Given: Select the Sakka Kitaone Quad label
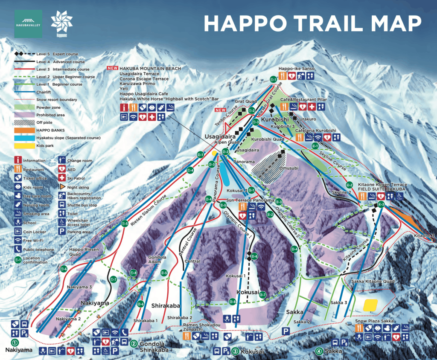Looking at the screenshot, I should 370,282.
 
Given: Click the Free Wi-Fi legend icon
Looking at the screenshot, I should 18,241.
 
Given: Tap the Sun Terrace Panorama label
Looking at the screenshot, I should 245,200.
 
